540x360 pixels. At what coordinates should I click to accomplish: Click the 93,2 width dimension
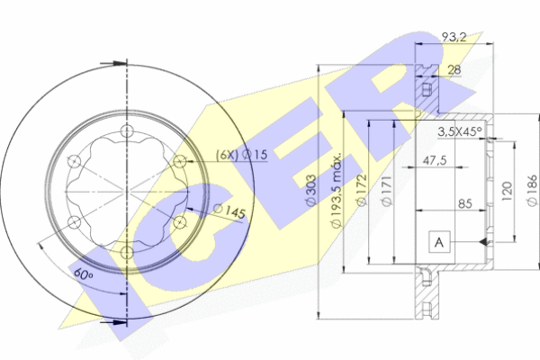[454, 37]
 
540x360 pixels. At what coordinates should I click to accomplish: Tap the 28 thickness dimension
[454, 69]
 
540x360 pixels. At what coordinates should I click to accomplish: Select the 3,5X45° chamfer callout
[460, 131]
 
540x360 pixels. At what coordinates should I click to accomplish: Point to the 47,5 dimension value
[435, 160]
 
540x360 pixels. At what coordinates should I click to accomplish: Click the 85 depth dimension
[465, 203]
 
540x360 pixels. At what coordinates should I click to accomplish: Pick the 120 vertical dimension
[507, 191]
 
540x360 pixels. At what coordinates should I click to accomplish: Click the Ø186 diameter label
[532, 190]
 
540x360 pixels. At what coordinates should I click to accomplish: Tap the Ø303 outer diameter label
[311, 190]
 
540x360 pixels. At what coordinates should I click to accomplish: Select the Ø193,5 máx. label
[336, 190]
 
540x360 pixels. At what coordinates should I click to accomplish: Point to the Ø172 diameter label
[361, 190]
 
